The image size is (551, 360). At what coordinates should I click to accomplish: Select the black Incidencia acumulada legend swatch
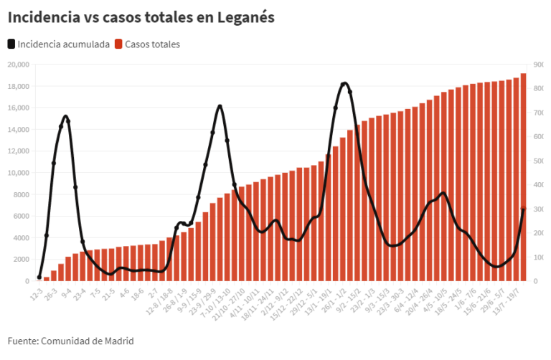[x=12, y=44]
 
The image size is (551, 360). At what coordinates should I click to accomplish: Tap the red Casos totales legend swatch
[x=119, y=44]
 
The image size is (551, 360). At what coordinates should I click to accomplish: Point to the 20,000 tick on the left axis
[x=17, y=65]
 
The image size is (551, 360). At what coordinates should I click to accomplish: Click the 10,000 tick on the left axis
[x=17, y=173]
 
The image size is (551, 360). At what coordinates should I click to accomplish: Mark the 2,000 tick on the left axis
[x=19, y=260]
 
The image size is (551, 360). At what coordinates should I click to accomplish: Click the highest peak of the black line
[x=344, y=83]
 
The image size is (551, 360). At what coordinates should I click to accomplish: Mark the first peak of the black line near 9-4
[x=65, y=116]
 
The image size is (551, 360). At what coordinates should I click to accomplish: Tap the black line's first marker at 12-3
[x=39, y=277]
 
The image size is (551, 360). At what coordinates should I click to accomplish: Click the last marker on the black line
[x=523, y=209]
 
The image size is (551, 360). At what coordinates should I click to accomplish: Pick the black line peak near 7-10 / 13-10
[x=220, y=106]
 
